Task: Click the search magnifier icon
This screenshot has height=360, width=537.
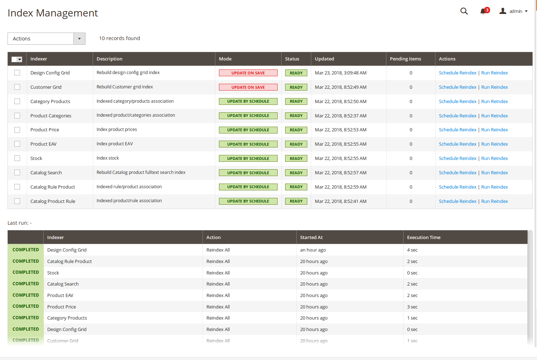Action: [464, 11]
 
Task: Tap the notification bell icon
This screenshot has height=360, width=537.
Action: [483, 11]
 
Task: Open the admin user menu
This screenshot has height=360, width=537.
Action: [513, 11]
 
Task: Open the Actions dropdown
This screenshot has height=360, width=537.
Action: [46, 39]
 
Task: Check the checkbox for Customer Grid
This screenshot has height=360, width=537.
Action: [17, 87]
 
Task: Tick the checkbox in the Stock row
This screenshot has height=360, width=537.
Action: [17, 158]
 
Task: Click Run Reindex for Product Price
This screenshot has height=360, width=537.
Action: [494, 130]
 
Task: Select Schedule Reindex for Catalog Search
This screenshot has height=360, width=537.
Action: [458, 172]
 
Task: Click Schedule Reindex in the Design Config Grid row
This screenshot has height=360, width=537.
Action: [458, 73]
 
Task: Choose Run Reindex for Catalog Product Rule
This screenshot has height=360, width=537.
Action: [494, 201]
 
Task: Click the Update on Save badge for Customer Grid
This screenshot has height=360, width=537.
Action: [248, 87]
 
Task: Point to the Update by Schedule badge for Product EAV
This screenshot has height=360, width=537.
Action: [248, 144]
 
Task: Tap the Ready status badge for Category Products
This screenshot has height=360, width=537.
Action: [296, 101]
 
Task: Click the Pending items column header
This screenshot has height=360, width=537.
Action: [405, 59]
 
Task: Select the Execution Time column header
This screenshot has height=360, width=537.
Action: [424, 237]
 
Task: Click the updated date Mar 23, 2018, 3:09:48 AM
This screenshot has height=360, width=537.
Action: [340, 73]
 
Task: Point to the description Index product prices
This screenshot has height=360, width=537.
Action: [117, 130]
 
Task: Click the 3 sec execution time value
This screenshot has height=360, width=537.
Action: [412, 307]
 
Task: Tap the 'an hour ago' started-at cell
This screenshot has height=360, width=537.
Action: [313, 250]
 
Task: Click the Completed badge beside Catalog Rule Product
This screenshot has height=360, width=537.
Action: [26, 261]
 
